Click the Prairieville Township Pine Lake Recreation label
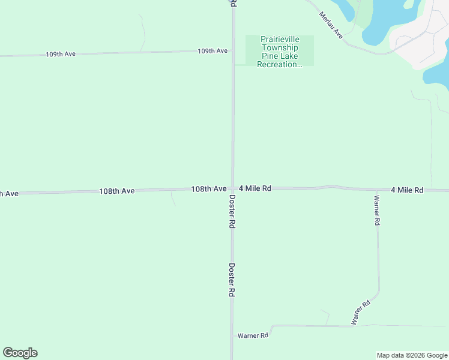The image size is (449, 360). (x=279, y=52)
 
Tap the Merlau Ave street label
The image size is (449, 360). (x=331, y=25)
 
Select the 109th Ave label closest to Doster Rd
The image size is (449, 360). (x=212, y=51)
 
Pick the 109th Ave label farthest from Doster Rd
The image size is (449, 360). (x=61, y=54)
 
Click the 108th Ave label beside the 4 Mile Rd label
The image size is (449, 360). (x=208, y=189)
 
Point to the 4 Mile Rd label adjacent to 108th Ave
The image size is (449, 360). (x=255, y=188)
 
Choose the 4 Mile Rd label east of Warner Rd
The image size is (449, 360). (x=407, y=190)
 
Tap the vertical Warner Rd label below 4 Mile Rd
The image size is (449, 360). (x=377, y=211)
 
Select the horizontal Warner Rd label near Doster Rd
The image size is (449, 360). (x=253, y=335)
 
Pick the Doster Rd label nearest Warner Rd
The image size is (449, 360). (x=231, y=280)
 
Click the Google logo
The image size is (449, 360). (x=20, y=353)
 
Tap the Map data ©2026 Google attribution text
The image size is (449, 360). (x=412, y=355)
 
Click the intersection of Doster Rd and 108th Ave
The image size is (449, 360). (x=233, y=188)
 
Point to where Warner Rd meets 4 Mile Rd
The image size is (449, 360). (x=376, y=190)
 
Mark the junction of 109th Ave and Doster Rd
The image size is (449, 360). (x=233, y=51)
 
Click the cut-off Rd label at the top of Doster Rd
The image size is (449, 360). (x=233, y=3)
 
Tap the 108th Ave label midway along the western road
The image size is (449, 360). (x=117, y=191)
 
